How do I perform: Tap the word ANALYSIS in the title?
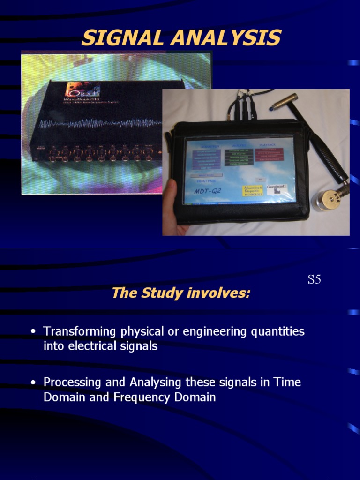click(225, 37)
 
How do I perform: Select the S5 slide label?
click(314, 280)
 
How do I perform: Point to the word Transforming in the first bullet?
click(79, 331)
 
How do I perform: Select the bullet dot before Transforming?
click(33, 332)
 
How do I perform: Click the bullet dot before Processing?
click(33, 382)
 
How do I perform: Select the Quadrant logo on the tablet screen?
click(277, 187)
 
